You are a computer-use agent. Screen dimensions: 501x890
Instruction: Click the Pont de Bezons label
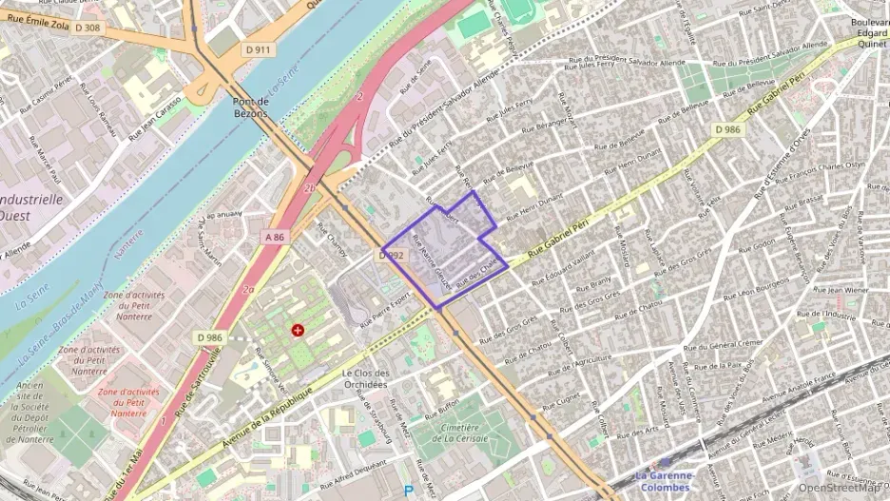tap(250, 106)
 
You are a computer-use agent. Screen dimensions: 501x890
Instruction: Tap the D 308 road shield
tap(86, 29)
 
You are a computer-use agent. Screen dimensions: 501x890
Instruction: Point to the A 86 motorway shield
tap(276, 235)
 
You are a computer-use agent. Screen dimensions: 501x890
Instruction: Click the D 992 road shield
tap(393, 256)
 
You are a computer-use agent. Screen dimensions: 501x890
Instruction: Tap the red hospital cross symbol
tap(299, 330)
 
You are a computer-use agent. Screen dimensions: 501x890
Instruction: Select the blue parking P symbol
tap(409, 491)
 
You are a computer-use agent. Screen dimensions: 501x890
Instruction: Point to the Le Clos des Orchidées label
tap(364, 378)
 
